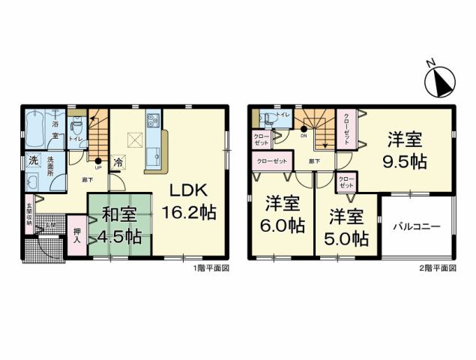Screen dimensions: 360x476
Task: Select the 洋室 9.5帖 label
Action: pyautogui.click(x=405, y=151)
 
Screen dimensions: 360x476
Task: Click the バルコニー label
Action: pyautogui.click(x=416, y=226)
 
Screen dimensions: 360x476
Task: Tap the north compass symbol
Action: pyautogui.click(x=439, y=80)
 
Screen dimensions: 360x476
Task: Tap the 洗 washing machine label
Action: pyautogui.click(x=33, y=160)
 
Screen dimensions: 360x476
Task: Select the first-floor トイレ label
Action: pyautogui.click(x=76, y=139)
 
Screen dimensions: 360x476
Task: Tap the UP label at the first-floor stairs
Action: pyautogui.click(x=97, y=169)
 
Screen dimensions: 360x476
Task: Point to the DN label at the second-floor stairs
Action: pyautogui.click(x=304, y=136)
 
